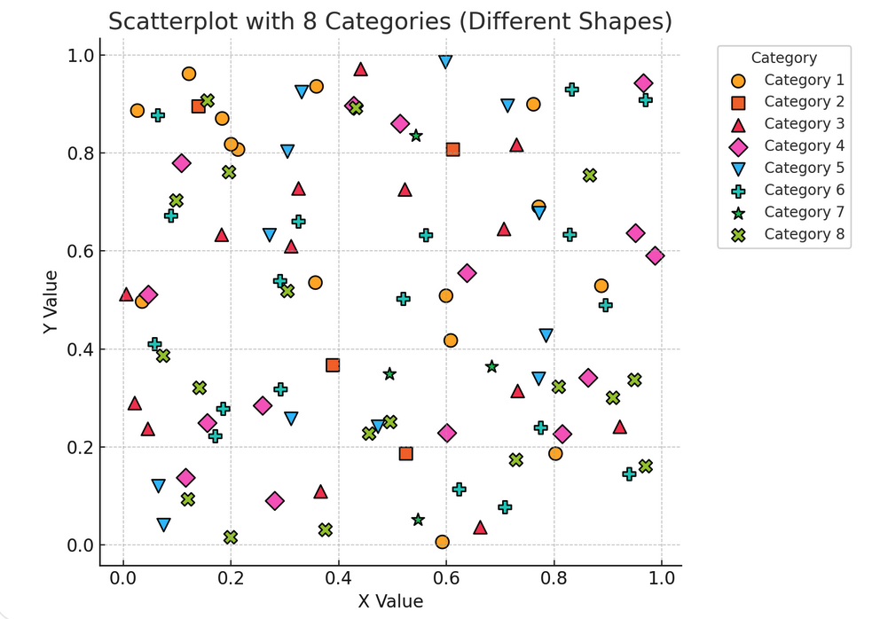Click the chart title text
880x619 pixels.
tap(389, 20)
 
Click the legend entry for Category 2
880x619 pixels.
tap(804, 102)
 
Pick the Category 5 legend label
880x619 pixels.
tap(804, 168)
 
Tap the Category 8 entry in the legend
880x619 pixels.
tap(804, 234)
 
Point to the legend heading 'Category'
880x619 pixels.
tap(783, 59)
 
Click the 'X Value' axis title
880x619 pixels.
tap(390, 601)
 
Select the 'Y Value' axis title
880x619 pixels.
tap(51, 301)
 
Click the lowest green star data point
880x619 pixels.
tap(418, 520)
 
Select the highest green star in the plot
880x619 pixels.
tap(416, 136)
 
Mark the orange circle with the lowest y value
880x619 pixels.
tap(442, 542)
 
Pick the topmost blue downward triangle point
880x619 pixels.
tap(445, 62)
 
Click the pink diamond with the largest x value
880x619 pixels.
tap(655, 256)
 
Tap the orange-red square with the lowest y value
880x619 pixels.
tap(405, 454)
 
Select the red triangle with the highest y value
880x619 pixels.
tap(360, 69)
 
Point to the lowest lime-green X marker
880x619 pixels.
tap(231, 537)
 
